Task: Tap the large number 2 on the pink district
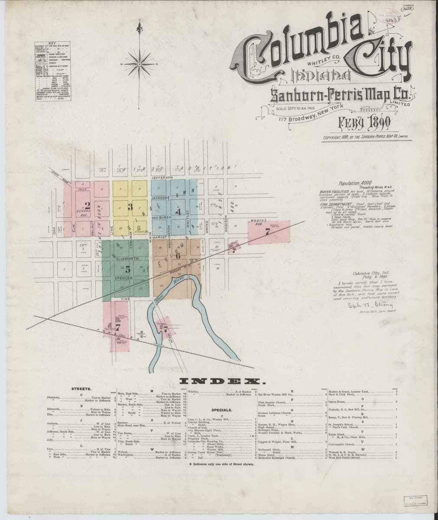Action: click(87, 206)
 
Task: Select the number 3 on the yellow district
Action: click(130, 207)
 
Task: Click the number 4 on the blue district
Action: click(177, 212)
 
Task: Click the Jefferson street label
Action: click(162, 178)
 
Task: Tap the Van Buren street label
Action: click(162, 218)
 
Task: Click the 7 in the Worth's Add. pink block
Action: click(267, 232)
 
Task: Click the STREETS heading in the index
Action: click(81, 390)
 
